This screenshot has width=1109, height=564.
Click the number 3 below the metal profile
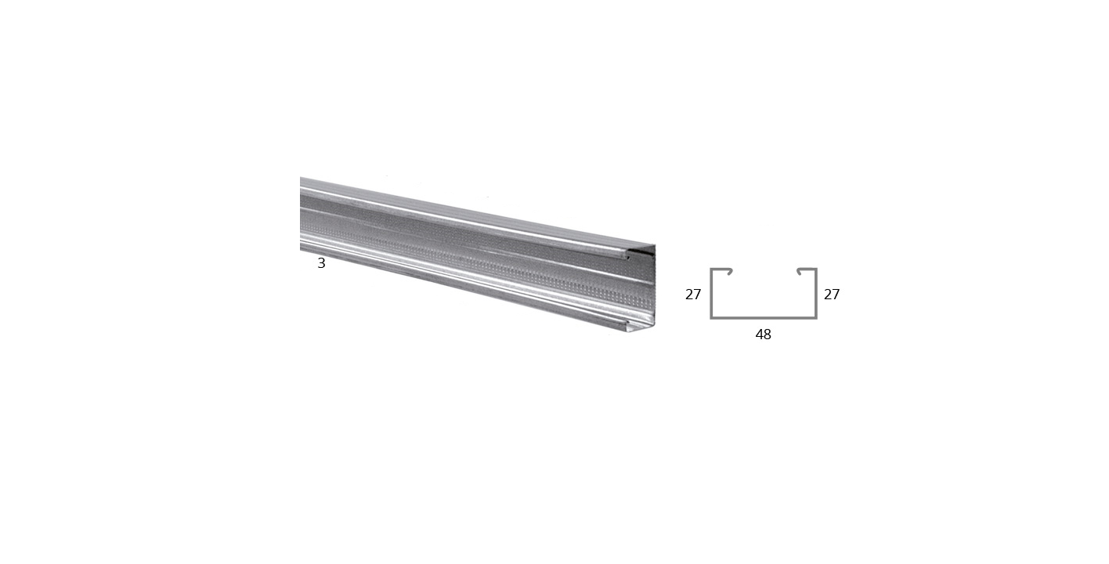[321, 263]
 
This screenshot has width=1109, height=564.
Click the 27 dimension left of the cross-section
[693, 295]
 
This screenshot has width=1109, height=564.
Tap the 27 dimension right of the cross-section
[832, 295]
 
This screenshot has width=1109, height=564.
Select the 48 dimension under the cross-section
[763, 334]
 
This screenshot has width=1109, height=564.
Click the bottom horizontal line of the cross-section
[764, 317]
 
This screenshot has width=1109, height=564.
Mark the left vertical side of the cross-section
[711, 293]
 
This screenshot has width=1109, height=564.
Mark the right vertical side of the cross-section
[816, 293]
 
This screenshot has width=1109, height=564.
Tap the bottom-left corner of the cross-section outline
[711, 318]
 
